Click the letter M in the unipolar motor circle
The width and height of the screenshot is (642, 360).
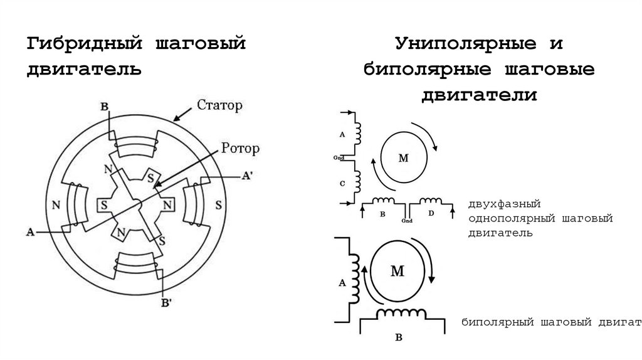click(403, 158)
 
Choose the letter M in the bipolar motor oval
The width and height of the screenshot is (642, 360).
click(397, 271)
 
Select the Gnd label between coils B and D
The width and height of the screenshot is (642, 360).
click(407, 221)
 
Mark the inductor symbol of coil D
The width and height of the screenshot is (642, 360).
click(431, 201)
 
